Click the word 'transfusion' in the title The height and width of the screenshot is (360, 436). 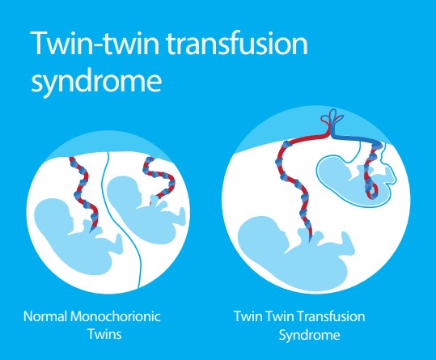coord(238,44)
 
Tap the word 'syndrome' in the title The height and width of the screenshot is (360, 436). coord(96,81)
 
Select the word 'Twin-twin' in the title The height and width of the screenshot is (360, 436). coord(95,43)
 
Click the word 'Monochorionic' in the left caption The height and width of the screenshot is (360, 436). coord(116,316)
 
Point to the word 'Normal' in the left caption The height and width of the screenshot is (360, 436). coord(45,316)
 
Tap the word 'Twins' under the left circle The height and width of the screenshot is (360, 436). coord(105,334)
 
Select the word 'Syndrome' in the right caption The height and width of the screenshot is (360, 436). coord(310,335)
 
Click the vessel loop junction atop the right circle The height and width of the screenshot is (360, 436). coord(332,122)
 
